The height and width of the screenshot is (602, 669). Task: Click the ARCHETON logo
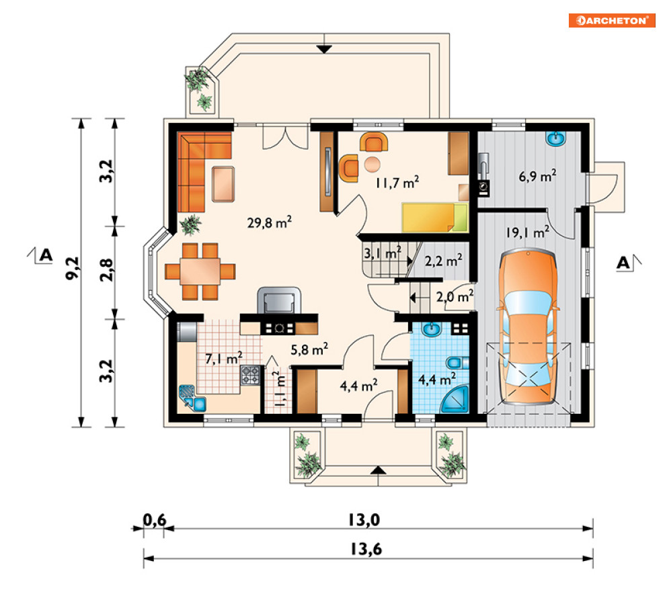tap(612, 20)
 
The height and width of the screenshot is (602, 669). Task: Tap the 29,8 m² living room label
tap(269, 222)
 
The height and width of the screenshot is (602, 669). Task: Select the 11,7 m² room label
tap(397, 183)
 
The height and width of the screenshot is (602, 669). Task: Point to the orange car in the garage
tap(528, 327)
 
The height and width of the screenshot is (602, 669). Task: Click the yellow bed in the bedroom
tap(435, 218)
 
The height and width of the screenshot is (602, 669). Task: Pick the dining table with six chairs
tap(200, 271)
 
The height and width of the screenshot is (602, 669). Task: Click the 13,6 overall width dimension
tap(366, 549)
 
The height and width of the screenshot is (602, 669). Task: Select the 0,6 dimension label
tap(154, 520)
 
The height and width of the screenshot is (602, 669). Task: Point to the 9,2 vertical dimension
tap(72, 268)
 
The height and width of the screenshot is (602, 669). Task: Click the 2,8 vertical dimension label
tap(106, 269)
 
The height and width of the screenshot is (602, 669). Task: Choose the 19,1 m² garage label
tap(527, 232)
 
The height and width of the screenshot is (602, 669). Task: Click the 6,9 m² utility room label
tap(537, 175)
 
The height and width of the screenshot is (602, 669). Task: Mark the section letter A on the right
tap(623, 263)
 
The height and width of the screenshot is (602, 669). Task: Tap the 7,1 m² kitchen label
tap(224, 358)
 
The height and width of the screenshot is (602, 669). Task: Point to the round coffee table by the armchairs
tap(372, 164)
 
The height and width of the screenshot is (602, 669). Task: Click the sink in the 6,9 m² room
tap(556, 138)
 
